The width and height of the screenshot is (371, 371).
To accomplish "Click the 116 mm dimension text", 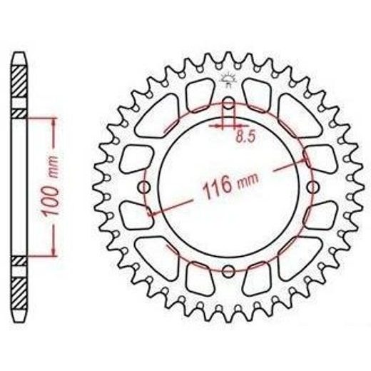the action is [x=230, y=185].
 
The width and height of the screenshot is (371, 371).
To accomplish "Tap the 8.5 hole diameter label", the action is [x=245, y=137].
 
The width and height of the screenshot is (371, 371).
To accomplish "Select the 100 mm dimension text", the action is [x=50, y=185].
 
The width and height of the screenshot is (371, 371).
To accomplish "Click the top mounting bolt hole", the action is [x=228, y=103].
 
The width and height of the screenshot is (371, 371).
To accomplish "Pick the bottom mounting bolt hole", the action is [x=228, y=271].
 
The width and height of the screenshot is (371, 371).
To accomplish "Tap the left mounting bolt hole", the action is [x=145, y=187].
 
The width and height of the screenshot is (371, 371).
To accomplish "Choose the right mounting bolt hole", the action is [x=312, y=187].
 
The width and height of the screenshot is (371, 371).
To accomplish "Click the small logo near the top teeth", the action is [x=228, y=80].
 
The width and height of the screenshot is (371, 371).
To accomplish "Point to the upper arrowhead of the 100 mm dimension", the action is [x=54, y=122].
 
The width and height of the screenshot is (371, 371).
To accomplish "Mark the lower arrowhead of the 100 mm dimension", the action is [x=54, y=252].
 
